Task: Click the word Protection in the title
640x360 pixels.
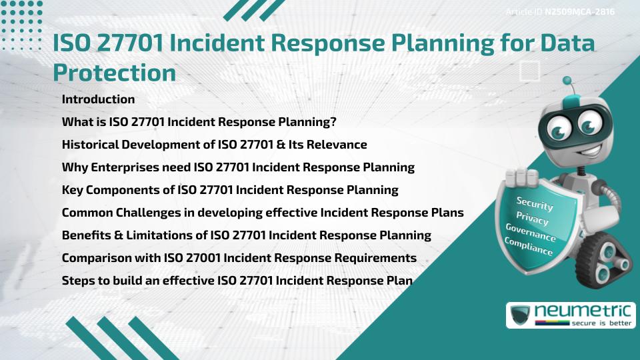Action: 114,73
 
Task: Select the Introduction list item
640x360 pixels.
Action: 98,99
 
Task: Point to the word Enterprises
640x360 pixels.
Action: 120,167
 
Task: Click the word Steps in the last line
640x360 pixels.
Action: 77,281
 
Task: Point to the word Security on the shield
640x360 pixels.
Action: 534,204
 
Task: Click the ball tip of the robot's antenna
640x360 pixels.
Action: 567,81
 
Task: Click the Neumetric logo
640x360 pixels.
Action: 571,315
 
